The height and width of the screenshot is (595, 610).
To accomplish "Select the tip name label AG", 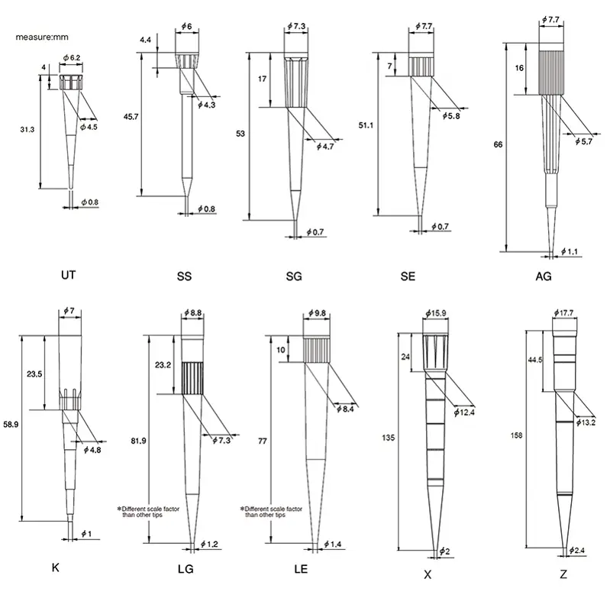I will [x=544, y=276].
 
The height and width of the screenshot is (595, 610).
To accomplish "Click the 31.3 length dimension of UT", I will [x=27, y=131].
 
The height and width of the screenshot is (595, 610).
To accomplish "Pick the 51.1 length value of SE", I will [x=367, y=124].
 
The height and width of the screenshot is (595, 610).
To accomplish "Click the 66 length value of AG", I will [x=499, y=144].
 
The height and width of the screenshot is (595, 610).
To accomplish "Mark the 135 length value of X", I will [x=388, y=438].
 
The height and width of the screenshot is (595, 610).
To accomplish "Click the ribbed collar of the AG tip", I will [x=553, y=70].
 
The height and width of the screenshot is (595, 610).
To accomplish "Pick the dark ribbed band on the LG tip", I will [x=194, y=376].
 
